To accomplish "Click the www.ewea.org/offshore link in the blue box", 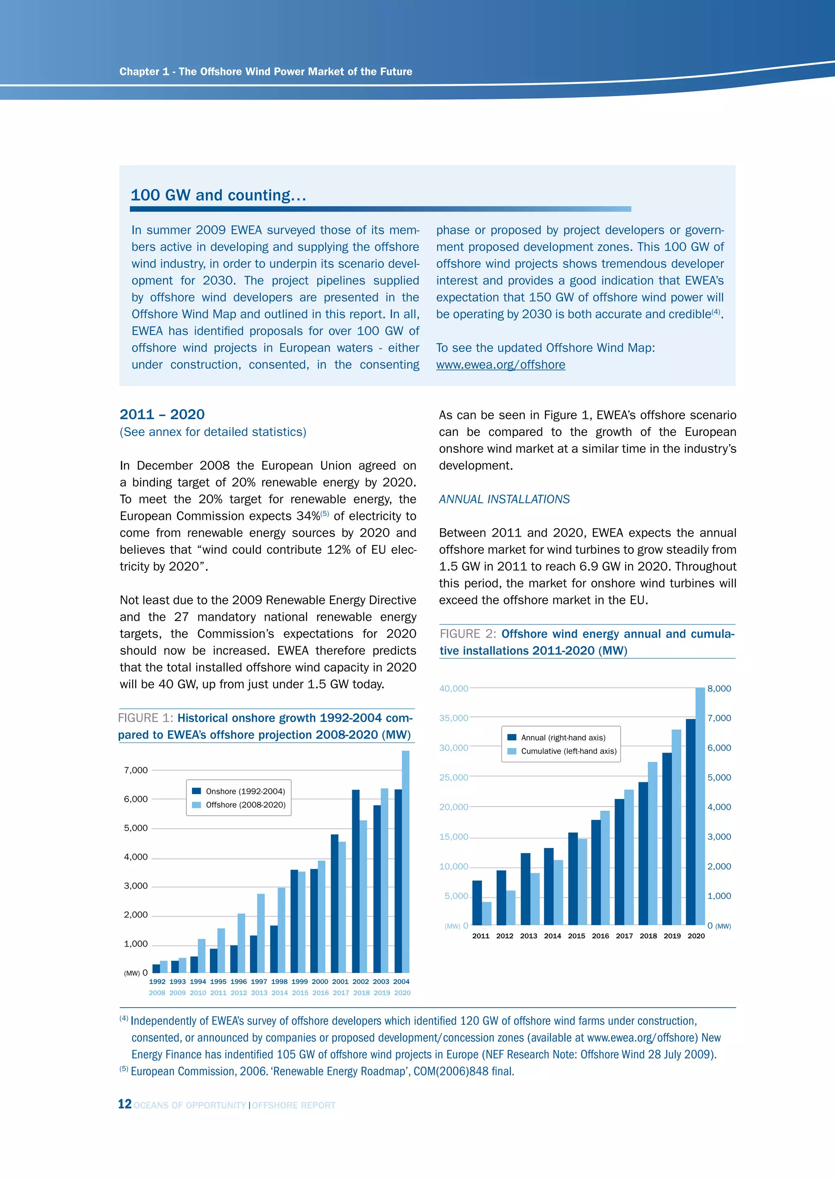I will (500, 365).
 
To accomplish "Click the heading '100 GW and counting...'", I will (218, 195).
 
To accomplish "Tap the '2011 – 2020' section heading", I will (162, 414).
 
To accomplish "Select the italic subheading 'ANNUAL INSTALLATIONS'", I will (504, 499).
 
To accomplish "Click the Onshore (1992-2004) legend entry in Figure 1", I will (239, 791).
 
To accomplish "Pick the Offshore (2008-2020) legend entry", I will (239, 805).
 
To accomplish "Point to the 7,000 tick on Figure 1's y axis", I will (136, 770).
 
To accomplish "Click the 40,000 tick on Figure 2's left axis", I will (453, 688).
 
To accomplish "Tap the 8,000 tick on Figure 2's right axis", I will (719, 688).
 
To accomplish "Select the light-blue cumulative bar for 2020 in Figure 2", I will (700, 807).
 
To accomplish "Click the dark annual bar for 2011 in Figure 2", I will (477, 903).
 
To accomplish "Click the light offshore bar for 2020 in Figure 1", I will (406, 863).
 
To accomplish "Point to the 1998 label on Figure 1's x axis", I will (279, 982).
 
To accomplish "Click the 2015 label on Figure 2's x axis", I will (577, 936).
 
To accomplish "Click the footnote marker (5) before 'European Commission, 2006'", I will (124, 1069).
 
